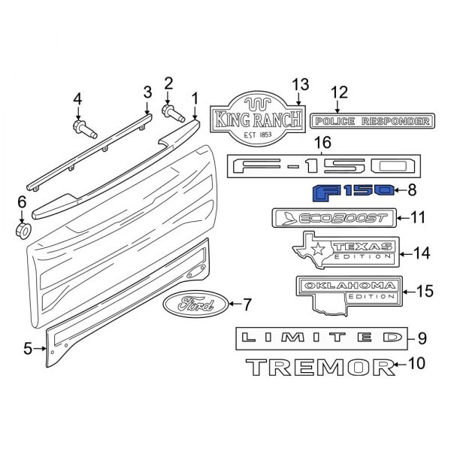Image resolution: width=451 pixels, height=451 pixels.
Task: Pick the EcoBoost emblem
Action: coord(331,218)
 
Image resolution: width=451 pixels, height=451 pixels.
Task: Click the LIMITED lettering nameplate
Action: coord(320,339)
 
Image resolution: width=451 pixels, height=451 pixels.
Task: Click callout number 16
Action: coord(322,143)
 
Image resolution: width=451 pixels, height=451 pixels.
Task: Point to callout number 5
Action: coord(28,349)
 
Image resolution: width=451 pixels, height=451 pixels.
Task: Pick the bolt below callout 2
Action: coord(172,114)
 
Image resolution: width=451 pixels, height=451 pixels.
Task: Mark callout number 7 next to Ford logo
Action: coord(250,304)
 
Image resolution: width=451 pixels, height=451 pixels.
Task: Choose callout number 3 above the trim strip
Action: coord(148,92)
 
